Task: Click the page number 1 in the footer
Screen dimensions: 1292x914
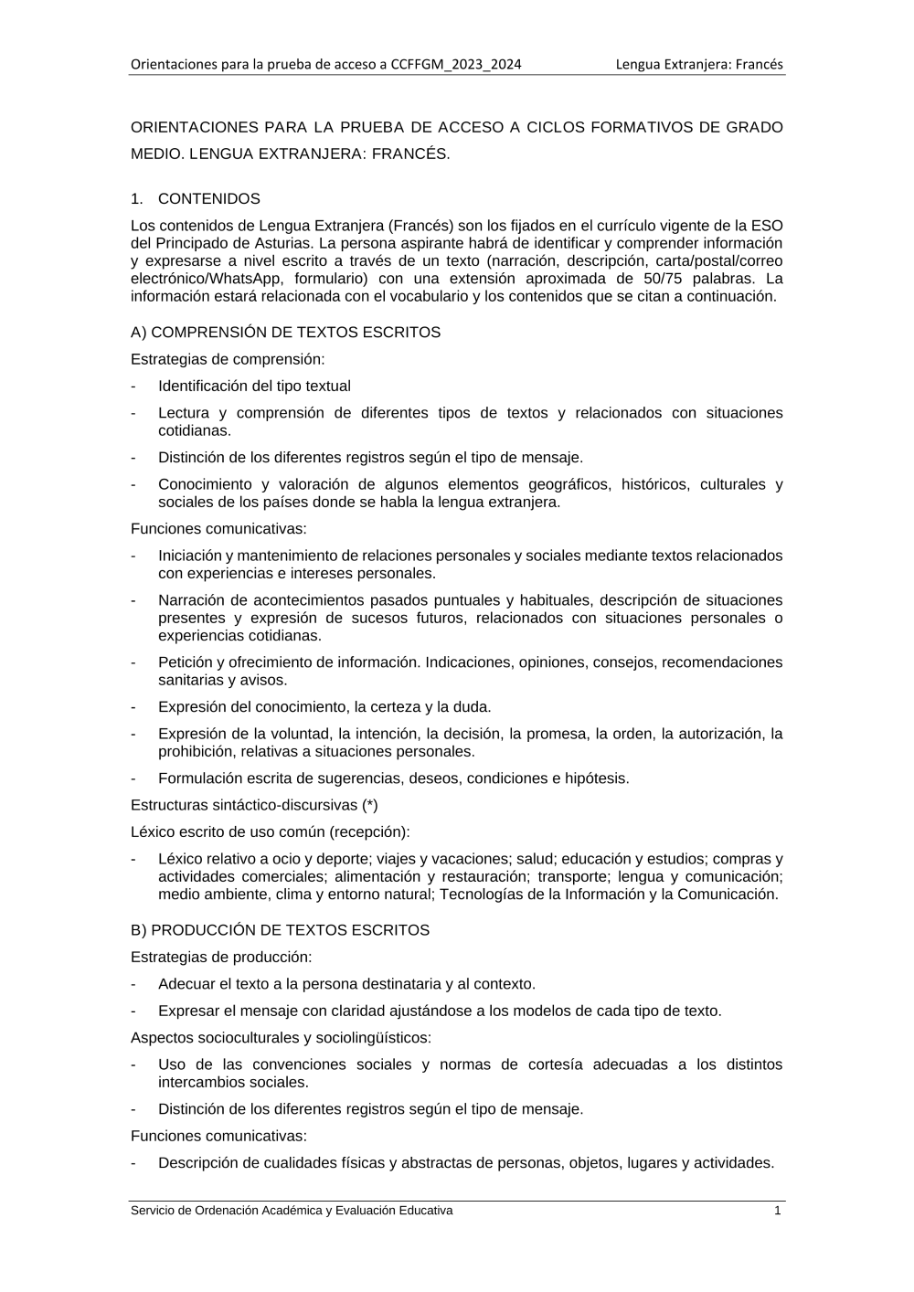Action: (778, 1211)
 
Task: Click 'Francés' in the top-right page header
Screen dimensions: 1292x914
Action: (760, 64)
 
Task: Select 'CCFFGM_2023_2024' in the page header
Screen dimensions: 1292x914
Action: (456, 64)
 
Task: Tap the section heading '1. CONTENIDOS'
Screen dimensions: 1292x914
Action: (196, 199)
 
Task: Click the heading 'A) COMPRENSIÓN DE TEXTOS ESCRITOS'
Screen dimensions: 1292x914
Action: (285, 333)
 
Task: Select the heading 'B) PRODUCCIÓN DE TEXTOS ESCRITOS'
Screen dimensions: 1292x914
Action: (280, 930)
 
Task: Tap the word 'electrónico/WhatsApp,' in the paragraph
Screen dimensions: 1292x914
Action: (207, 279)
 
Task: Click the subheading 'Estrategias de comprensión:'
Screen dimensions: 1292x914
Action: (228, 359)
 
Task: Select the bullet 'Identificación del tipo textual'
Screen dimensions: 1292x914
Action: (254, 387)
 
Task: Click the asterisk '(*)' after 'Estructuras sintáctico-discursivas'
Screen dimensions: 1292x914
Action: (369, 805)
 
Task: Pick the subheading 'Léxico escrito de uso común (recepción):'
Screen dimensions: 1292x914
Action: (271, 832)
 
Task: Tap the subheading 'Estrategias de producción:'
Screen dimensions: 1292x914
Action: (221, 957)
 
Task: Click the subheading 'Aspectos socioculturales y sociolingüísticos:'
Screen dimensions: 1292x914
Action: (281, 1038)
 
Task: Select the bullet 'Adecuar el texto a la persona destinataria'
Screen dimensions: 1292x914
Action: (346, 984)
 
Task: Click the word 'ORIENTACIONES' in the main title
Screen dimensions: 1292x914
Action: (195, 128)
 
